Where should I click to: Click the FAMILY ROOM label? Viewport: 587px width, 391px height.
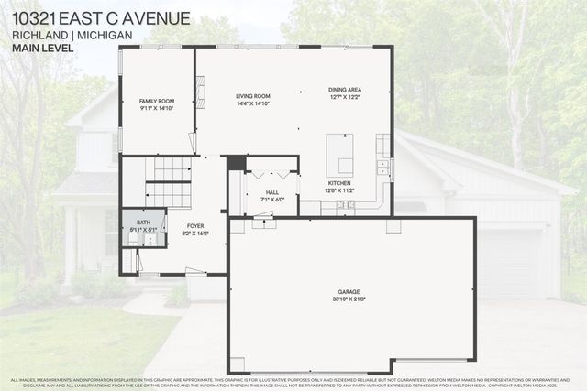click(x=157, y=101)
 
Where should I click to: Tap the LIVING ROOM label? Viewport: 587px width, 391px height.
click(x=253, y=95)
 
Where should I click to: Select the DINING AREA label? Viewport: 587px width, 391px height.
click(x=345, y=89)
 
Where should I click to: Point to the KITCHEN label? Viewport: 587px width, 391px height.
click(x=340, y=183)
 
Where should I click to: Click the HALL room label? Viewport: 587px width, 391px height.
click(x=272, y=191)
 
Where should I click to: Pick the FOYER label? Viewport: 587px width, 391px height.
click(x=195, y=225)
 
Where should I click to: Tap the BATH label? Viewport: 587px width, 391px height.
click(x=144, y=222)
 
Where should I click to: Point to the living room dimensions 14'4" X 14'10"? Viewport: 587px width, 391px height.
click(x=253, y=103)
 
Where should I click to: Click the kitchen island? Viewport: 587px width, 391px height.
click(x=339, y=154)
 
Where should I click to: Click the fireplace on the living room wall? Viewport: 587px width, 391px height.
click(x=201, y=92)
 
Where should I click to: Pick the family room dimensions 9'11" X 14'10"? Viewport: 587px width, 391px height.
click(x=157, y=108)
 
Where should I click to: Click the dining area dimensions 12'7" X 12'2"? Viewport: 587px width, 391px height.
click(x=345, y=96)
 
